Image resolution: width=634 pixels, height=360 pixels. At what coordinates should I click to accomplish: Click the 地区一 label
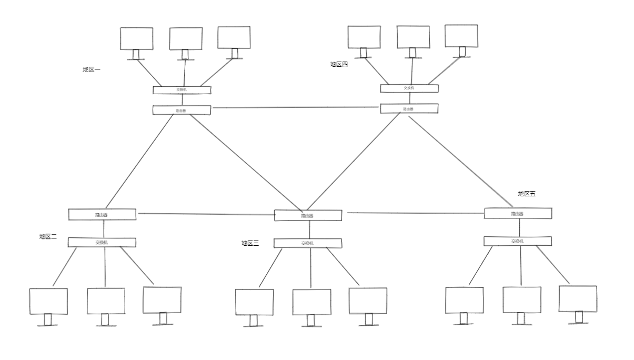[x=92, y=69]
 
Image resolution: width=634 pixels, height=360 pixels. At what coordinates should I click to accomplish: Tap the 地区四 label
[x=339, y=64]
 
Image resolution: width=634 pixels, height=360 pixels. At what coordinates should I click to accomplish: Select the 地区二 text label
[x=48, y=237]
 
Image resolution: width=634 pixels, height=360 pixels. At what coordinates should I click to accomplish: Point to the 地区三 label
[x=250, y=243]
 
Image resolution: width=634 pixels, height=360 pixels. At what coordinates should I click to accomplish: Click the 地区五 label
[x=526, y=194]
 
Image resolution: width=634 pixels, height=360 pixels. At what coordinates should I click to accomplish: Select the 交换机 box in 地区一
[x=182, y=90]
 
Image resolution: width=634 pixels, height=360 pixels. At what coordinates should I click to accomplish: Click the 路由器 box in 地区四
[x=409, y=108]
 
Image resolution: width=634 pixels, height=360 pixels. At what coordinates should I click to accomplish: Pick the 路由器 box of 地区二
[x=102, y=214]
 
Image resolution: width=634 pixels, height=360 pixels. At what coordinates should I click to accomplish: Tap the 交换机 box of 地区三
[x=308, y=243]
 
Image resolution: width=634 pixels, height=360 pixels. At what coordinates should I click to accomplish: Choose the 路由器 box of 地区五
[x=518, y=213]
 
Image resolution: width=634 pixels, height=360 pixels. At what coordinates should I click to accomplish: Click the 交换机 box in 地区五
[x=518, y=241]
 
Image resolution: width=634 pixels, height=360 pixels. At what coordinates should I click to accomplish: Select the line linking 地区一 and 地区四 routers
[x=296, y=107]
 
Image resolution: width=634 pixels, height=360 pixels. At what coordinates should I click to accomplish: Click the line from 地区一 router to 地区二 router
[x=139, y=161]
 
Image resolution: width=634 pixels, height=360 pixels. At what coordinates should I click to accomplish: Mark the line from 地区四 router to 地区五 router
[x=460, y=161]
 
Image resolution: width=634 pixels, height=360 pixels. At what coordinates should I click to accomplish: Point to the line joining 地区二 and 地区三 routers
[x=205, y=214]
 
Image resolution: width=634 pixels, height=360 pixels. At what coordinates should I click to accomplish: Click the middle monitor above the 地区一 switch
[x=185, y=38]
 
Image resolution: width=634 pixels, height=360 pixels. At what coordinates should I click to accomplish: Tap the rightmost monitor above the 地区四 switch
[x=461, y=36]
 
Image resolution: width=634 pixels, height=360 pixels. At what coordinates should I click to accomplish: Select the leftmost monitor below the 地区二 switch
[x=48, y=301]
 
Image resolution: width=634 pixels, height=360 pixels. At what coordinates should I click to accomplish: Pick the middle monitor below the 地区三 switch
[x=311, y=302]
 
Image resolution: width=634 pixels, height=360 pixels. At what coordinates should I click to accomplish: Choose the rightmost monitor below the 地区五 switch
[x=578, y=299]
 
